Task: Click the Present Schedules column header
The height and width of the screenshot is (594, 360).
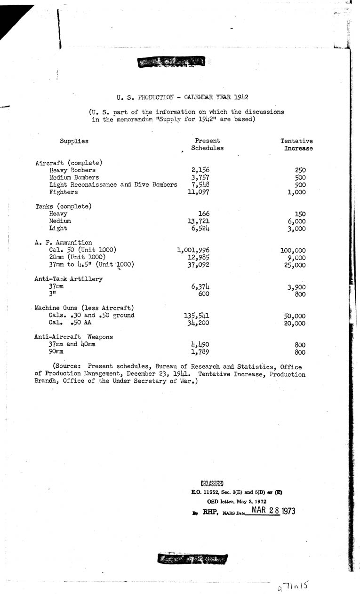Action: [x=207, y=144]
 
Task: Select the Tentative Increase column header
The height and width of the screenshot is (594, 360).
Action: [x=297, y=144]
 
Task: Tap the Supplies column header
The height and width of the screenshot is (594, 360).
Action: [x=74, y=141]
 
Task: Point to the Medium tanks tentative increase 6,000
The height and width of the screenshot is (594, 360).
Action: [x=296, y=221]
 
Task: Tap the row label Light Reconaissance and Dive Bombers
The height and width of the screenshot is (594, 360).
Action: [x=113, y=185]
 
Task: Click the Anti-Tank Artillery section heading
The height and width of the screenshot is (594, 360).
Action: [x=69, y=278]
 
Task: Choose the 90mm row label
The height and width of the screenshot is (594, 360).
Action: [x=56, y=352]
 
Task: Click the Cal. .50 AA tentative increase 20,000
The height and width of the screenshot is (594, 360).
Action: [x=295, y=324]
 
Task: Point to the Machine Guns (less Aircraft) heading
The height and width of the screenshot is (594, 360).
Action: [x=81, y=308]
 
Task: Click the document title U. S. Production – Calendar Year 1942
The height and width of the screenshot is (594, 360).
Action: [x=183, y=97]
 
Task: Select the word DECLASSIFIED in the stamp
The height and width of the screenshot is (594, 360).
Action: [x=212, y=483]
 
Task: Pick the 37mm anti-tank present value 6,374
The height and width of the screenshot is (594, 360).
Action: [x=200, y=286]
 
